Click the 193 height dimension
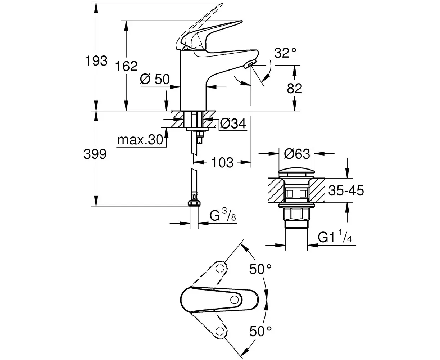click(x=96, y=61)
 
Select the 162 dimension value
click(x=127, y=66)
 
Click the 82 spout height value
click(x=294, y=88)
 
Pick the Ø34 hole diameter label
click(x=233, y=124)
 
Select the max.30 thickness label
click(x=141, y=140)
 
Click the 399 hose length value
click(x=95, y=154)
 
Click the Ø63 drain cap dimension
click(x=297, y=154)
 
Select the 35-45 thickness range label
click(x=345, y=190)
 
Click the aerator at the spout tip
click(x=249, y=64)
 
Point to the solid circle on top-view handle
click(x=235, y=300)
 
